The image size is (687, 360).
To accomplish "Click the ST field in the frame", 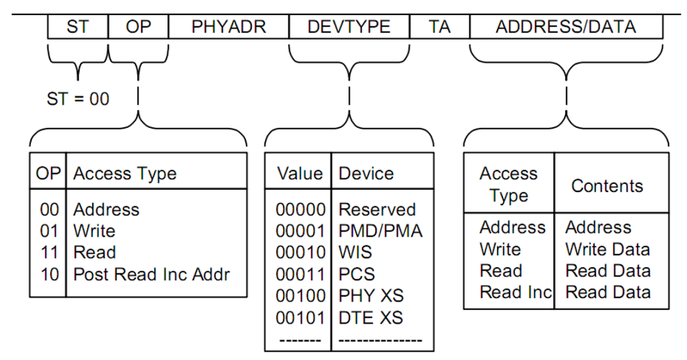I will click(78, 27).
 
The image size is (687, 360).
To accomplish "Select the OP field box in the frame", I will click(138, 27).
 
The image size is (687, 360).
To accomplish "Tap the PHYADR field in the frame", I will click(229, 27).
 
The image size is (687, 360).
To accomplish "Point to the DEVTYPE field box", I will click(349, 27).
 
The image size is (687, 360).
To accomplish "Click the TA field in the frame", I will click(439, 27).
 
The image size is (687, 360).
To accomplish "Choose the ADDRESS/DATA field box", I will click(566, 27).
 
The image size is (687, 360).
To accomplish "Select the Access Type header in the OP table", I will click(125, 174).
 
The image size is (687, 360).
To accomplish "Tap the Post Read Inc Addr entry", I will click(151, 274).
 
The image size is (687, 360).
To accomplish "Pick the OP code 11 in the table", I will click(49, 253).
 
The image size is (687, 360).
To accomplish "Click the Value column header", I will click(299, 173).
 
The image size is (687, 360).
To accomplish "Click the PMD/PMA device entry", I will click(380, 231).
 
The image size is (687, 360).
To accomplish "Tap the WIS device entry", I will click(355, 253).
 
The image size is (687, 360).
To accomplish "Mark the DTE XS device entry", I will click(371, 318).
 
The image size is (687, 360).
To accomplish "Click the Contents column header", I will click(607, 186).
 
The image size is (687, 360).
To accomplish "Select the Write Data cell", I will click(607, 249).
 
